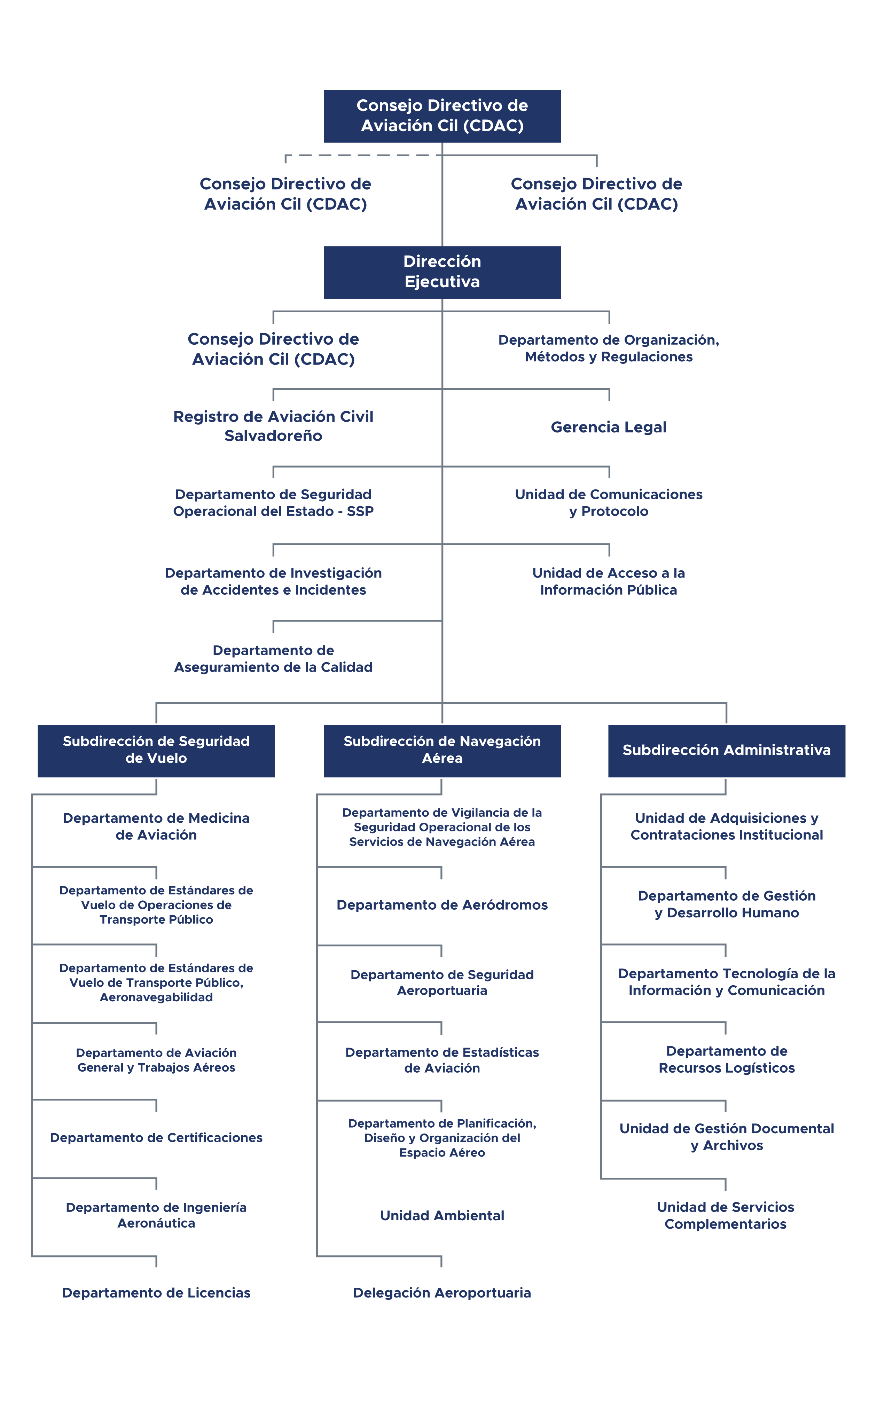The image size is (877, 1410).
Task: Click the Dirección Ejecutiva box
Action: pos(442,272)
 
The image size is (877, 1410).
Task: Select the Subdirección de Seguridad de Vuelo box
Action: pos(156,751)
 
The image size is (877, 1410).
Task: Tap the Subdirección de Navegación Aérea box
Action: pos(442,751)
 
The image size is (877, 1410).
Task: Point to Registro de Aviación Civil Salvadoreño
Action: pos(273,426)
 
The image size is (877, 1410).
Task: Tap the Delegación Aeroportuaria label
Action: pos(442,1292)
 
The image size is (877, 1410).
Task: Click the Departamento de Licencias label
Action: pos(156,1292)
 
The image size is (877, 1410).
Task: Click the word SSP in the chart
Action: pos(360,511)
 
